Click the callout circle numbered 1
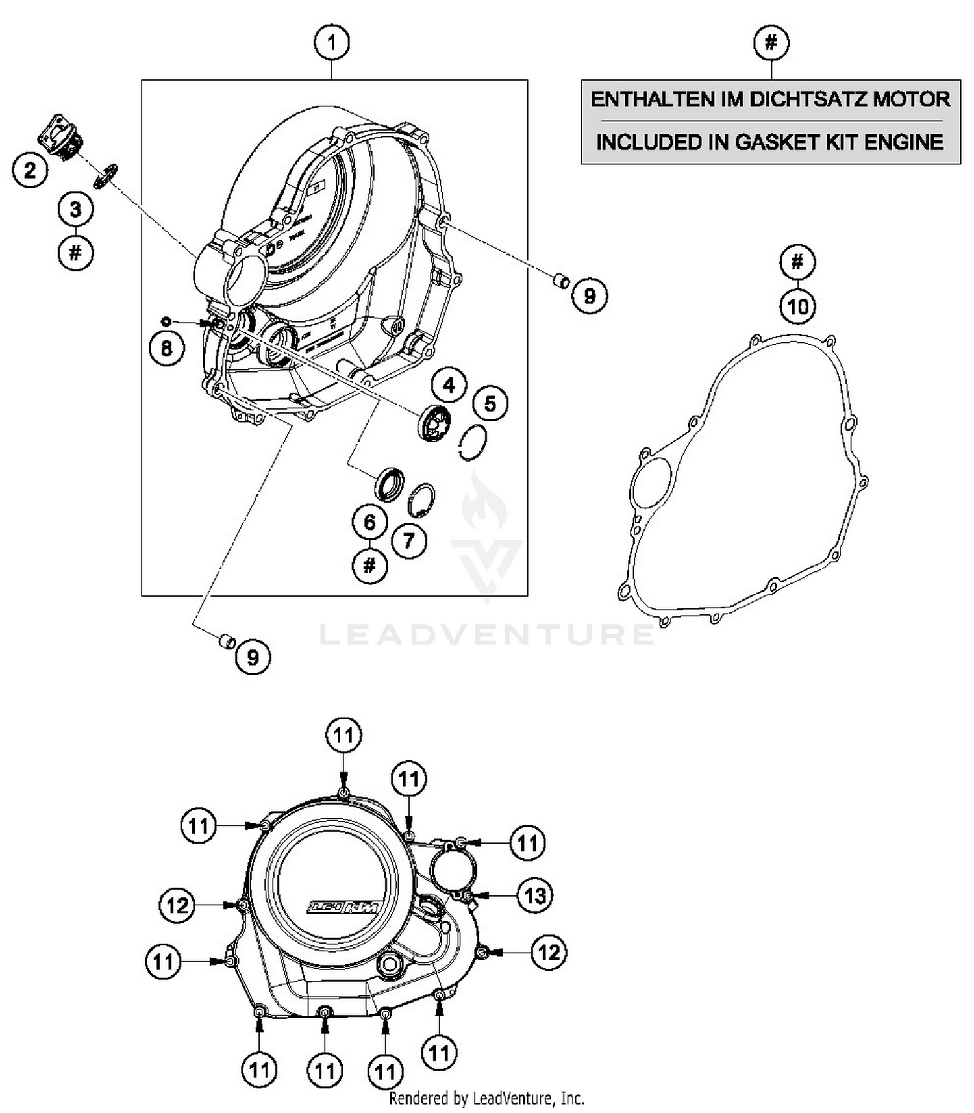332,44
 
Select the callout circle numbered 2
30,171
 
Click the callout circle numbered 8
166,349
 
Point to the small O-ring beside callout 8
166,321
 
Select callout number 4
449,386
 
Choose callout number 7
408,540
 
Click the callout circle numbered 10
797,306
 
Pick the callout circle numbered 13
534,896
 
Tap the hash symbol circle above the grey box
771,44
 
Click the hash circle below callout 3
75,252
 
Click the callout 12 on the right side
549,953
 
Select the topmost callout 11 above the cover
343,735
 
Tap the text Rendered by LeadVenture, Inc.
486,1098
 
